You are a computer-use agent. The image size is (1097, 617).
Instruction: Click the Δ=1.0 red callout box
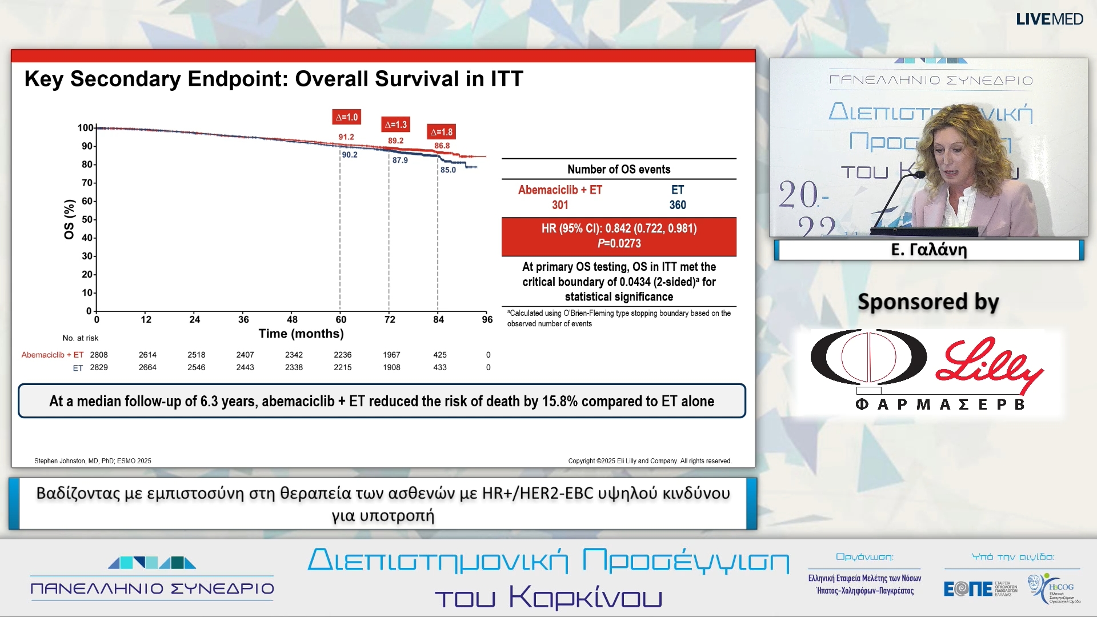[x=346, y=117]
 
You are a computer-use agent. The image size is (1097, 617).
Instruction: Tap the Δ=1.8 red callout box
[x=442, y=132]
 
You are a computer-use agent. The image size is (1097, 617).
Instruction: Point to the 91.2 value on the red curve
[x=346, y=137]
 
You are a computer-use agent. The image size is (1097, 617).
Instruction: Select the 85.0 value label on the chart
[x=448, y=170]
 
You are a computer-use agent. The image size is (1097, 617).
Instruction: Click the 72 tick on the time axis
[x=390, y=319]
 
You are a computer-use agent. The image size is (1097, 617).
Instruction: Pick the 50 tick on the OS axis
[x=87, y=219]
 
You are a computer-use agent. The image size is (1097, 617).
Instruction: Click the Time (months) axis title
[x=301, y=334]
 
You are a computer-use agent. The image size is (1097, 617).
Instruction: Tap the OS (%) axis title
[x=69, y=219]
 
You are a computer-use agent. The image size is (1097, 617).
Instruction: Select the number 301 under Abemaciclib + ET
[x=560, y=205]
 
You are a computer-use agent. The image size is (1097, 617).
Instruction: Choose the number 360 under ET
[x=678, y=205]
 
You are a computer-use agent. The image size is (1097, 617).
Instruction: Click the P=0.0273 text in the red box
[x=619, y=243]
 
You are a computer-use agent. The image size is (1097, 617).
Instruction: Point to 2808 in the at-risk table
[x=99, y=355]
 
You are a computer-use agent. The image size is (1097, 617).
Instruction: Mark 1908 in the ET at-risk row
[x=391, y=367]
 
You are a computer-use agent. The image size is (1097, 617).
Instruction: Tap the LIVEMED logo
[x=1050, y=19]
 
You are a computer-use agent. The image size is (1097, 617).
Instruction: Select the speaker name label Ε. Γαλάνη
[x=928, y=250]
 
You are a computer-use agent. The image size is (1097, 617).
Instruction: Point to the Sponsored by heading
[x=928, y=302]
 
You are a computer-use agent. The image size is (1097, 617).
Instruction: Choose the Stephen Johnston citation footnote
[x=93, y=460]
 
